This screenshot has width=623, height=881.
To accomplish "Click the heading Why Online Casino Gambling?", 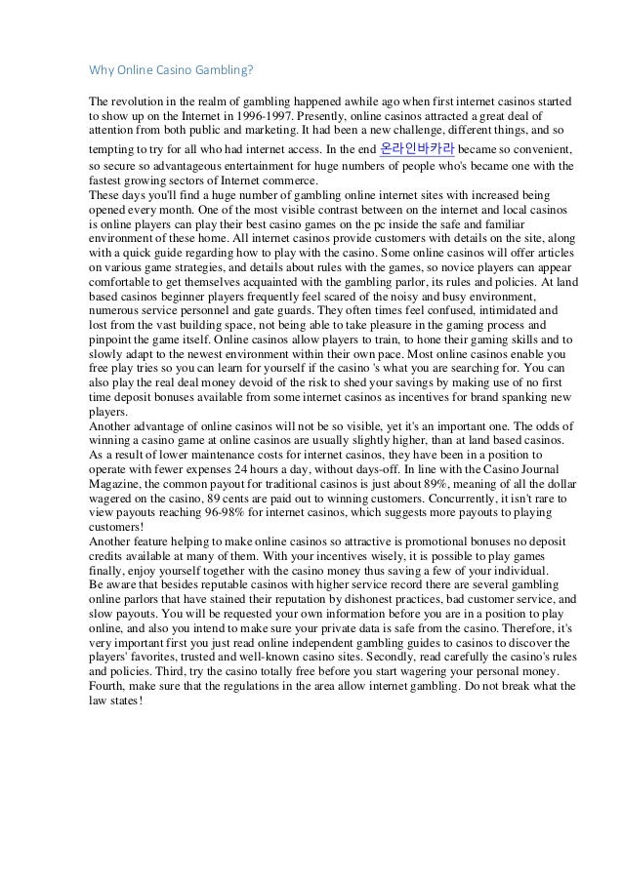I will point(172,70).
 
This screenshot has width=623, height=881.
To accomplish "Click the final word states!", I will point(125,701).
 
